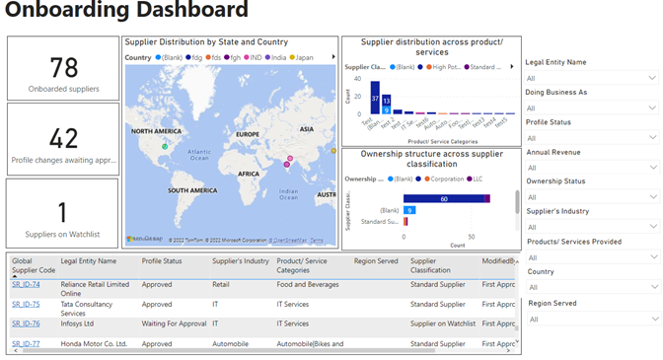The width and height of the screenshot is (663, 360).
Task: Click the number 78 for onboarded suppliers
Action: [63, 67]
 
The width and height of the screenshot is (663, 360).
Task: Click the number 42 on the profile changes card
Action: [63, 138]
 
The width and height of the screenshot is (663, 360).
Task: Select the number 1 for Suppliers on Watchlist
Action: [63, 210]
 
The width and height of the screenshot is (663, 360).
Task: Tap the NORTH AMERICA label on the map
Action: [156, 131]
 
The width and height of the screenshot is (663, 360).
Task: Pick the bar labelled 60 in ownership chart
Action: [444, 199]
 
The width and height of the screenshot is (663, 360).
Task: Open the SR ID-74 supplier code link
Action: [26, 285]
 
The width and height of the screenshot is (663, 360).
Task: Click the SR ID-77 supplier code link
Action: [26, 344]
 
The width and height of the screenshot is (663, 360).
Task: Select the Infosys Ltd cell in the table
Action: [83, 324]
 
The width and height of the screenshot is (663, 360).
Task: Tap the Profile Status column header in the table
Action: [162, 261]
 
